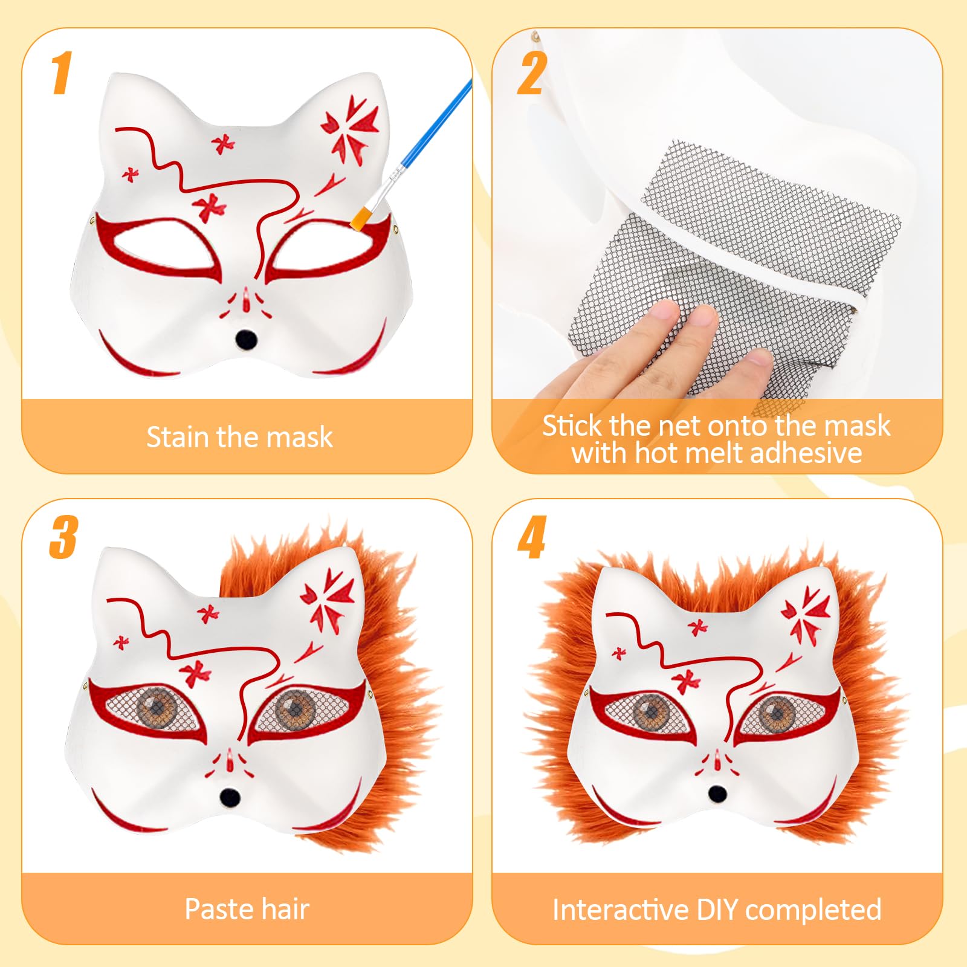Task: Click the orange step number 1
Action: click(61, 73)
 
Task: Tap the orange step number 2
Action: click(532, 73)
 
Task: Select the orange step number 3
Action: click(63, 537)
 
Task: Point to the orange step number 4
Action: click(532, 537)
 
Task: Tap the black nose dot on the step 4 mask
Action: click(717, 794)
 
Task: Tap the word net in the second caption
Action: click(681, 426)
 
